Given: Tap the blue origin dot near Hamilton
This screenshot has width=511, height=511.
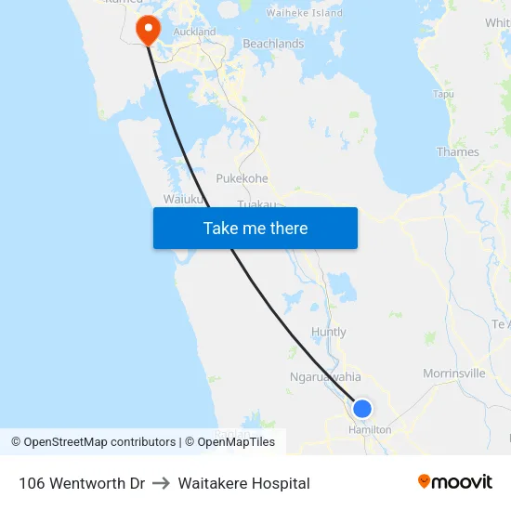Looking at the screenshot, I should pyautogui.click(x=362, y=409).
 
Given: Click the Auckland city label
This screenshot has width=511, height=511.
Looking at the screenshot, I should pyautogui.click(x=194, y=32).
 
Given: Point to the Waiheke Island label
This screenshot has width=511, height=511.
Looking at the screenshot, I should pyautogui.click(x=304, y=13).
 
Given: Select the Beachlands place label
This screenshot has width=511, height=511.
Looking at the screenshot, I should pyautogui.click(x=273, y=44).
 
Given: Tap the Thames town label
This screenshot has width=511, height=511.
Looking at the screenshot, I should pyautogui.click(x=458, y=151).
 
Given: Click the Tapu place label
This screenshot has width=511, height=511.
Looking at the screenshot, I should pyautogui.click(x=443, y=94).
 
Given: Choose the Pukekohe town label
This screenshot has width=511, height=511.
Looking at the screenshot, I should pyautogui.click(x=242, y=178).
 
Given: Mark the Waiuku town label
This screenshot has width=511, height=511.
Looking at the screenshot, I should pyautogui.click(x=182, y=199).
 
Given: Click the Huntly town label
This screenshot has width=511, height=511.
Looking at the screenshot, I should pyautogui.click(x=329, y=332).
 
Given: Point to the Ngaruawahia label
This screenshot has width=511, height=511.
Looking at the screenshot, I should pyautogui.click(x=325, y=377).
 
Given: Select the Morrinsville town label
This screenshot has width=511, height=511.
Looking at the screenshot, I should pyautogui.click(x=453, y=373).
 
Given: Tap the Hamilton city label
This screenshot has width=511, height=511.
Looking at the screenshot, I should pyautogui.click(x=370, y=430).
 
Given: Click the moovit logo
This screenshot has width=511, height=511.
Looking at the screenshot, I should pyautogui.click(x=455, y=481).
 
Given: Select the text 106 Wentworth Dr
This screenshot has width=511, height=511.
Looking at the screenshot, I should pyautogui.click(x=82, y=483).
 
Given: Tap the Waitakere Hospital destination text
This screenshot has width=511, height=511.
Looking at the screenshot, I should pyautogui.click(x=243, y=483).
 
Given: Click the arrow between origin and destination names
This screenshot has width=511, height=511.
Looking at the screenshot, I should pyautogui.click(x=162, y=483).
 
